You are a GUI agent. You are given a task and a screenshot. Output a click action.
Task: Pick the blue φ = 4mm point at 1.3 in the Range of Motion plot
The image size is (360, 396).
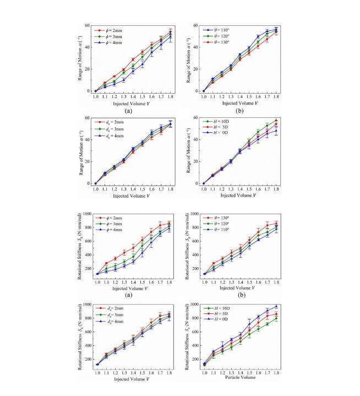click(x=124, y=80)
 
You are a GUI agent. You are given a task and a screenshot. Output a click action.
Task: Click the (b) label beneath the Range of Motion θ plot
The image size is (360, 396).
click(x=241, y=111)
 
